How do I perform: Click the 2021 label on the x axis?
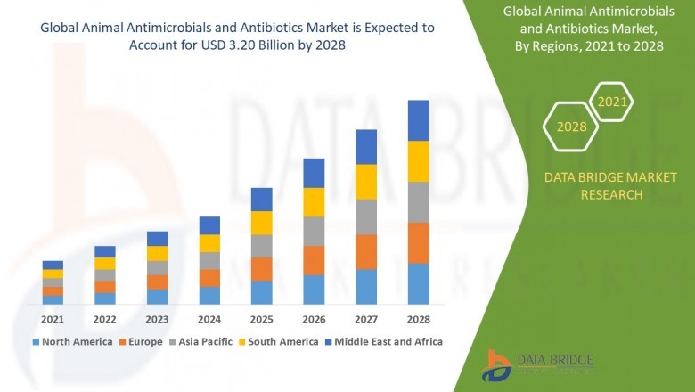(53, 319)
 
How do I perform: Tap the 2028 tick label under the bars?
(418, 319)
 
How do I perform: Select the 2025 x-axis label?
(261, 319)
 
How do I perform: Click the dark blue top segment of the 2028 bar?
(418, 120)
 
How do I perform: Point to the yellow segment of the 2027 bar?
(365, 182)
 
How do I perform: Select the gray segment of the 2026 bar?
(314, 231)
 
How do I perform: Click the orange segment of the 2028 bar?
(418, 242)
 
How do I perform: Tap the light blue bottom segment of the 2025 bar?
(261, 292)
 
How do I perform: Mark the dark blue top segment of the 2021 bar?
(53, 265)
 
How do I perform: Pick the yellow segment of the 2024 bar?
(209, 242)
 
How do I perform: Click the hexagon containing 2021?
(612, 102)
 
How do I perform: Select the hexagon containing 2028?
(571, 127)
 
